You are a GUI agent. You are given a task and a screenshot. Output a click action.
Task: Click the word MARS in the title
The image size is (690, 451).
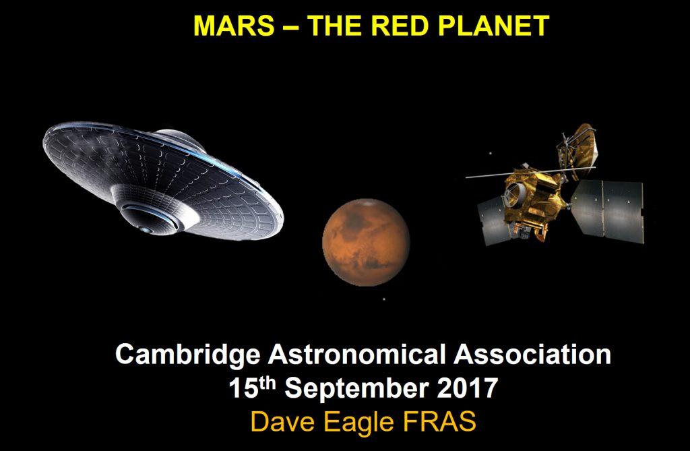234,26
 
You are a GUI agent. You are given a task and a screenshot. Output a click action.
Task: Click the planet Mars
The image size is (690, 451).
366,242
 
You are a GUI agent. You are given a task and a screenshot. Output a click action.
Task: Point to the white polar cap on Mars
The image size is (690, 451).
367,203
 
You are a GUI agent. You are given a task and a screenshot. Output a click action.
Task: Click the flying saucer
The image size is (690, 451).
163,181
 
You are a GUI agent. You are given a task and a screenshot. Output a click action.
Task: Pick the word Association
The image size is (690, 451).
532,354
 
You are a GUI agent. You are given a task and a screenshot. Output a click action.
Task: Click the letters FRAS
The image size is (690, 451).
439,421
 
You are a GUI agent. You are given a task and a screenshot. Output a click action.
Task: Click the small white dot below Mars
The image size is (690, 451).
384,299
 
